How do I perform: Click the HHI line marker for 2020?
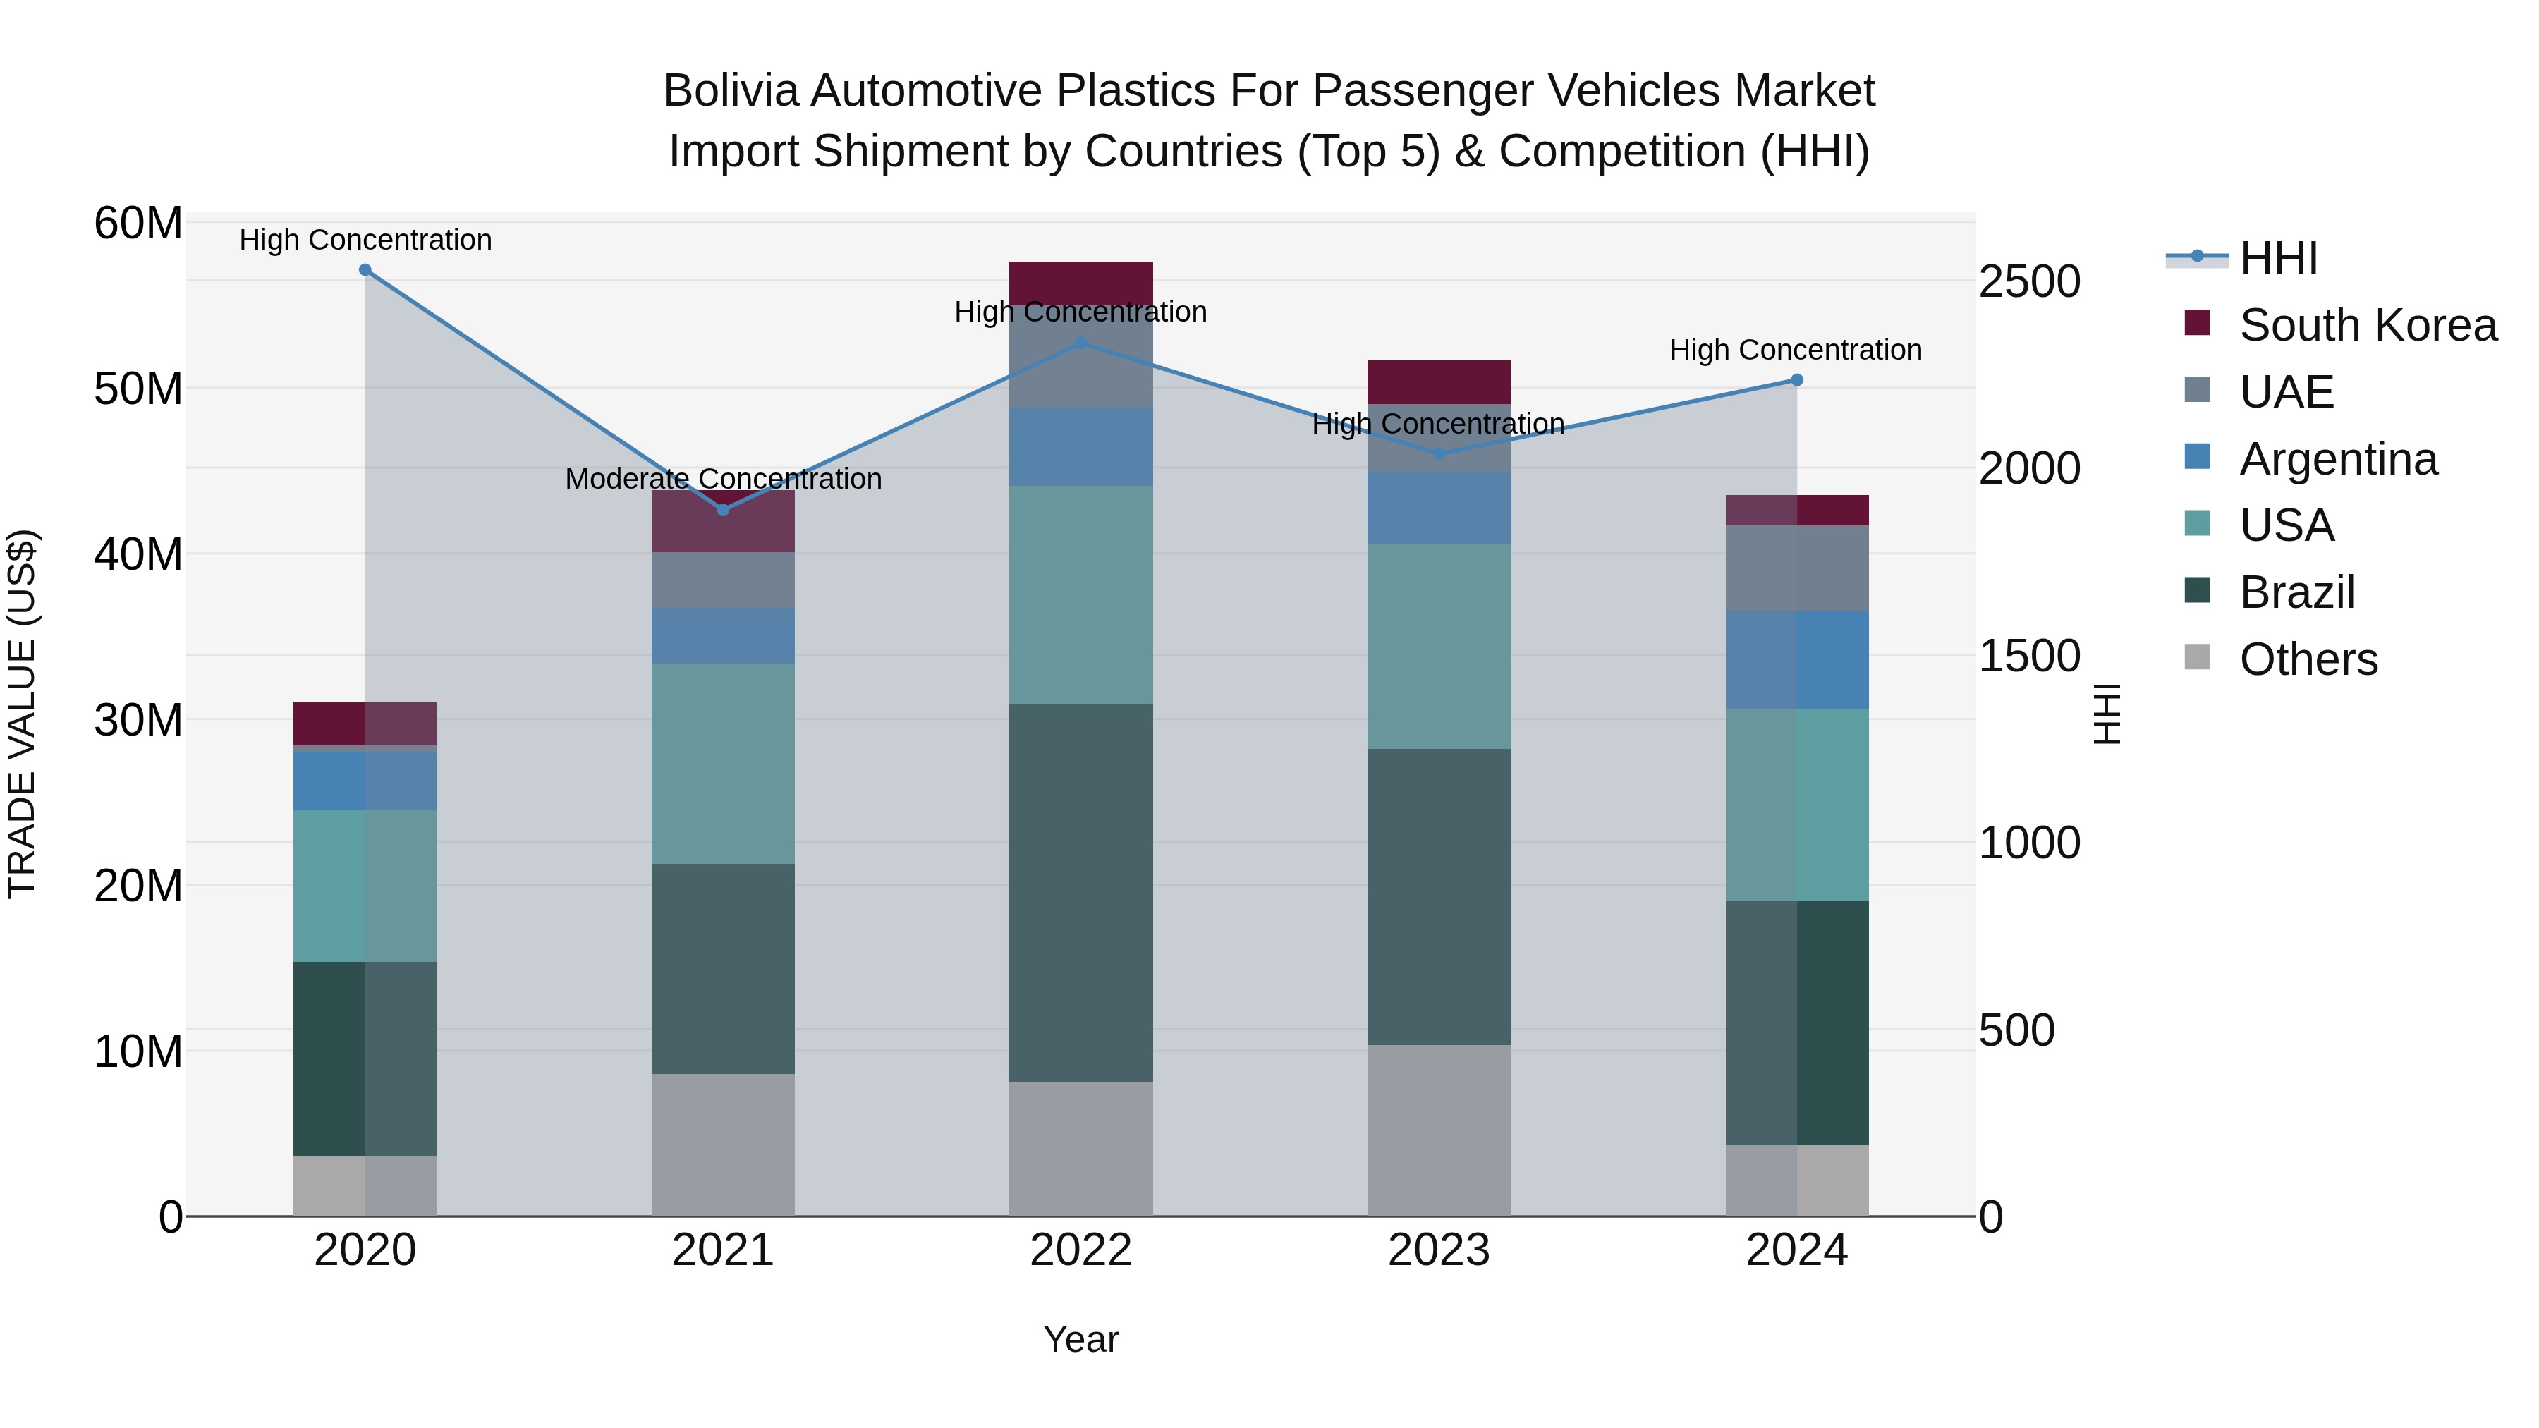pos(365,270)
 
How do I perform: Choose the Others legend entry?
pos(2308,659)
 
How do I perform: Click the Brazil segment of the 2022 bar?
pos(1080,892)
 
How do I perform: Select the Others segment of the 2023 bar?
pos(1438,1130)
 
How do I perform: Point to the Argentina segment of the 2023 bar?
pos(1438,508)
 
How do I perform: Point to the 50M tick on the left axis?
pos(138,389)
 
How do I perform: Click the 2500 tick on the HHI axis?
pos(2029,282)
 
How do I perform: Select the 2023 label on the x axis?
pos(1438,1250)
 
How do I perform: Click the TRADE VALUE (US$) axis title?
pos(22,714)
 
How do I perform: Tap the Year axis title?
pos(1080,1339)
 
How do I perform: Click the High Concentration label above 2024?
pos(1795,350)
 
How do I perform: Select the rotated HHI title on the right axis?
pos(2106,714)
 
